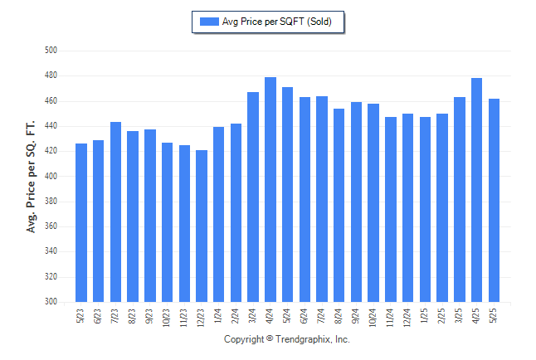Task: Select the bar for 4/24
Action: point(270,189)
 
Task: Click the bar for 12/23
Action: point(202,226)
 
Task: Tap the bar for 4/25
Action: point(476,190)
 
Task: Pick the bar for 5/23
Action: point(81,222)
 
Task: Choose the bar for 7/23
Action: point(115,212)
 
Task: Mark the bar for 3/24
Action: point(253,197)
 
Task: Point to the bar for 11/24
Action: point(391,209)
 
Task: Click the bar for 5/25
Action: point(494,201)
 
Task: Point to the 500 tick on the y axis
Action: point(51,51)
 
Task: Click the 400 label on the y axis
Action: point(51,176)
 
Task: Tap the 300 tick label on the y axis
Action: point(51,302)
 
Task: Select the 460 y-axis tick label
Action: point(51,101)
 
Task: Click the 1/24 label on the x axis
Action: point(217,316)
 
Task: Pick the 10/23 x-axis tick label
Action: point(166,318)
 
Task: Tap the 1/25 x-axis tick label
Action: point(424,316)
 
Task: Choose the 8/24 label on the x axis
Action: point(338,316)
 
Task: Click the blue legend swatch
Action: point(209,22)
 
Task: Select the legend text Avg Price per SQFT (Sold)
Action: point(277,22)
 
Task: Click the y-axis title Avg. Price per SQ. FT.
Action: point(31,177)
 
